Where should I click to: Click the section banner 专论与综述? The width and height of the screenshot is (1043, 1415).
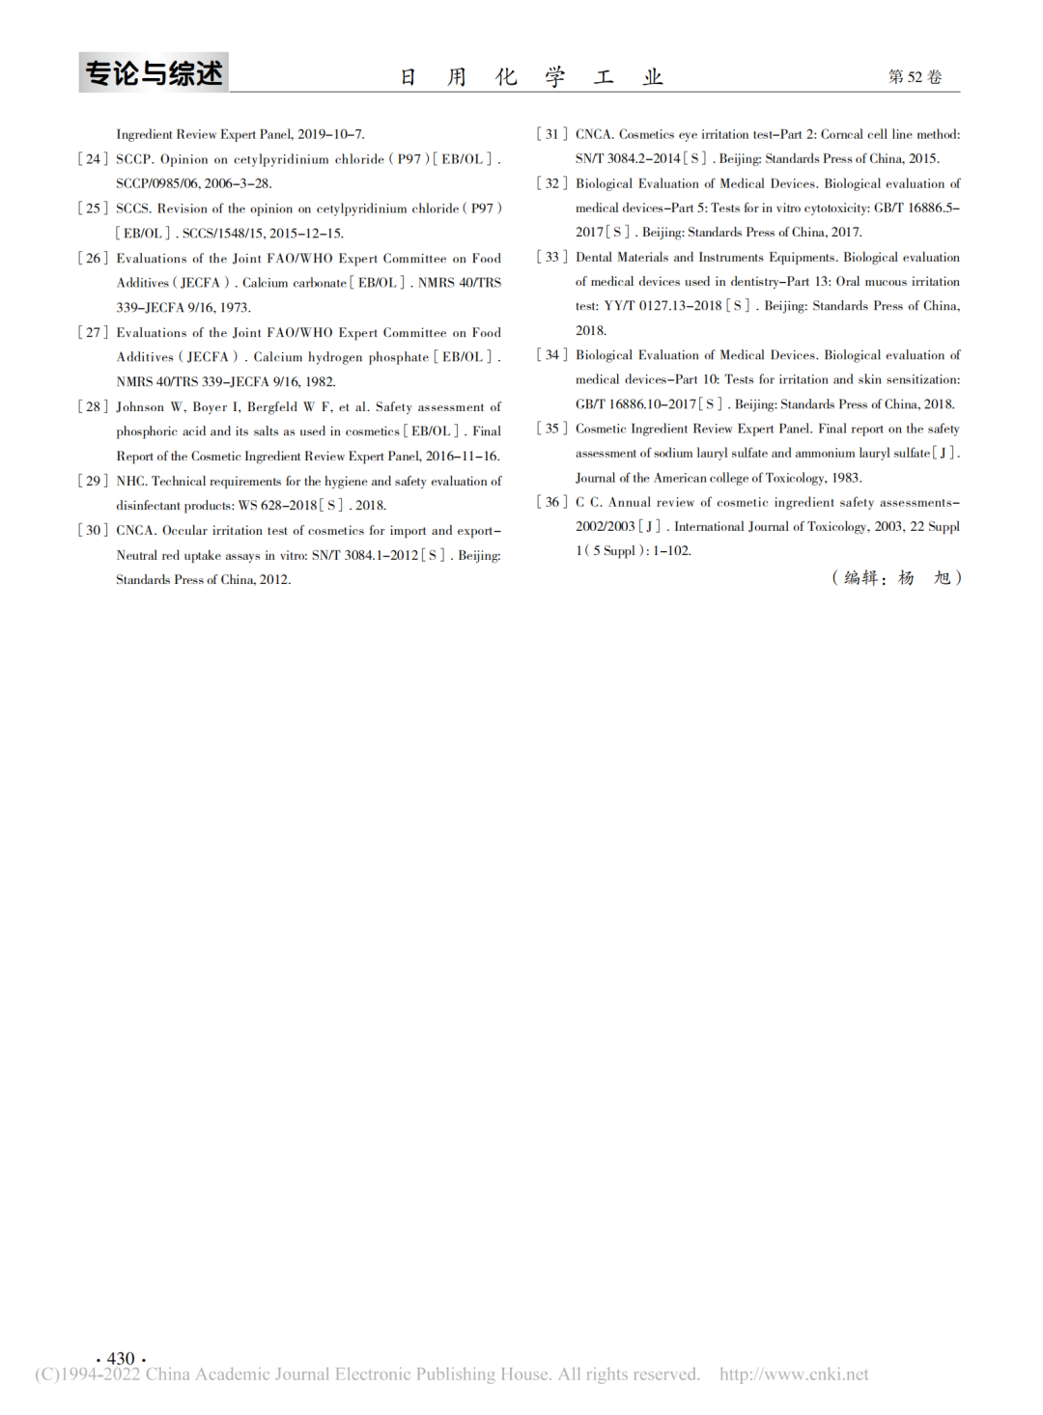(x=154, y=73)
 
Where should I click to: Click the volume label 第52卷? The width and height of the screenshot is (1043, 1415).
(x=915, y=77)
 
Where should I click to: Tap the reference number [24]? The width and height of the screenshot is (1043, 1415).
(x=93, y=159)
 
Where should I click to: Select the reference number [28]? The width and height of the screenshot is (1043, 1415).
(x=93, y=407)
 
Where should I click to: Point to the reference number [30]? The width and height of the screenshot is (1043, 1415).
(x=93, y=531)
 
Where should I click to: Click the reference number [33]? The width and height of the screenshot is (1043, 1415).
(x=552, y=258)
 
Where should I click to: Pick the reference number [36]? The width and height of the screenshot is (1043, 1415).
(x=552, y=502)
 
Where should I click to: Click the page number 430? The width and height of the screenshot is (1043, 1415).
(x=121, y=1358)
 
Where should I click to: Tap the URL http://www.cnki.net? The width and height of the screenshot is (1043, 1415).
(x=793, y=1374)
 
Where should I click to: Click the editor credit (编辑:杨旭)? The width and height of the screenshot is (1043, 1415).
(x=896, y=578)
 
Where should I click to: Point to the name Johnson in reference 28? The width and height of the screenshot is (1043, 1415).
(x=140, y=407)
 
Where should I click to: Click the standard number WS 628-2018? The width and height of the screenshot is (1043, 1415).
(x=277, y=506)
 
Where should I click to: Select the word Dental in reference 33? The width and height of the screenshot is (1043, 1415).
(x=593, y=258)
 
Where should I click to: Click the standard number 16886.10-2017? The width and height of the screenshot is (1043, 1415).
(x=653, y=404)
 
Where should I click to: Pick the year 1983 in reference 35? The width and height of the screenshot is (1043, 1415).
(x=846, y=478)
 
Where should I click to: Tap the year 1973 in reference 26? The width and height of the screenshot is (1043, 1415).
(x=235, y=308)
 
